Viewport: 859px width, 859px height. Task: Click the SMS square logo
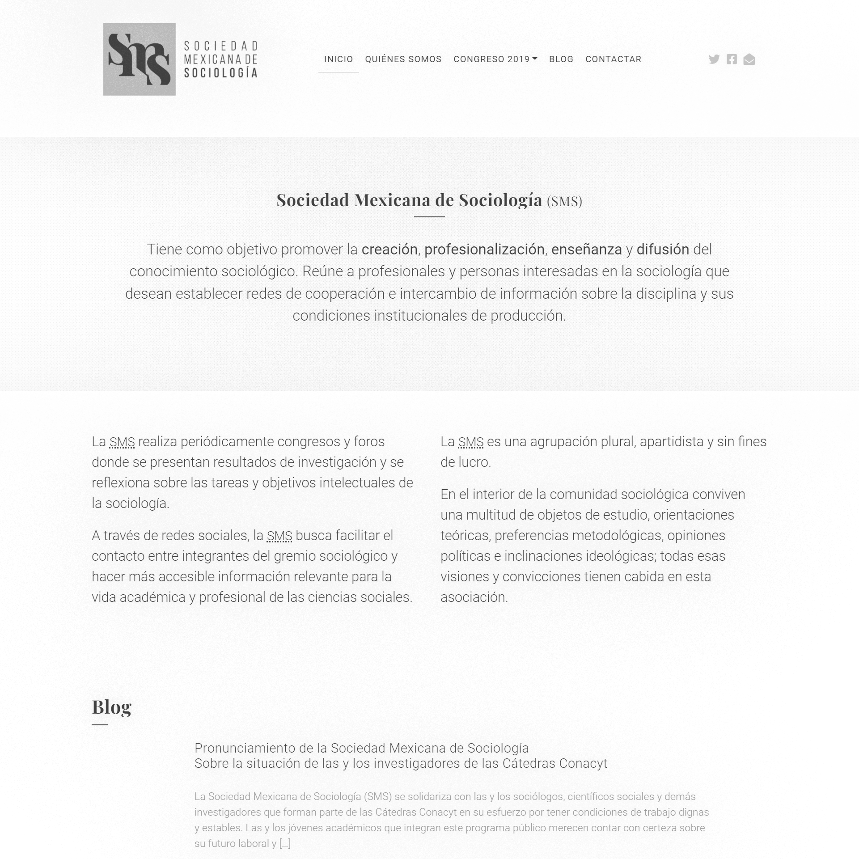point(139,59)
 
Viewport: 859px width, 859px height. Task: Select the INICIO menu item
point(339,59)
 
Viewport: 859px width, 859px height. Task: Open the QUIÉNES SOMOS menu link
point(403,59)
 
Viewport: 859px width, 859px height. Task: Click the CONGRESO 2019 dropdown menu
point(495,59)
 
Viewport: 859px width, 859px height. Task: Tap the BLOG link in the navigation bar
point(561,59)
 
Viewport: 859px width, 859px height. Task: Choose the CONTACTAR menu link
point(613,59)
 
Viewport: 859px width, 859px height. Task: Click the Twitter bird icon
point(714,59)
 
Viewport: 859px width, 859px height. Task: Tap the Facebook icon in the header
point(732,59)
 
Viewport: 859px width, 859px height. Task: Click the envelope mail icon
point(749,59)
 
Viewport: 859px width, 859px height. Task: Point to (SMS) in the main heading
point(564,201)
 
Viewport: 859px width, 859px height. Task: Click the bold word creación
point(389,250)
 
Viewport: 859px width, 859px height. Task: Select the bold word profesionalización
point(484,250)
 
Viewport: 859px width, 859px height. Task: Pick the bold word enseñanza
point(586,250)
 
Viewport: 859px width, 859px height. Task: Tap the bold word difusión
point(663,250)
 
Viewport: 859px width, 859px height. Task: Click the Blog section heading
point(111,707)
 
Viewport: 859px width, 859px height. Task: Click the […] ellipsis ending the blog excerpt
point(285,843)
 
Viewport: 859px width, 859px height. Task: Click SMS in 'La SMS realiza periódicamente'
point(122,442)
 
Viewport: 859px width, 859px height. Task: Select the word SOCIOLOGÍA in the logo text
point(221,73)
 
